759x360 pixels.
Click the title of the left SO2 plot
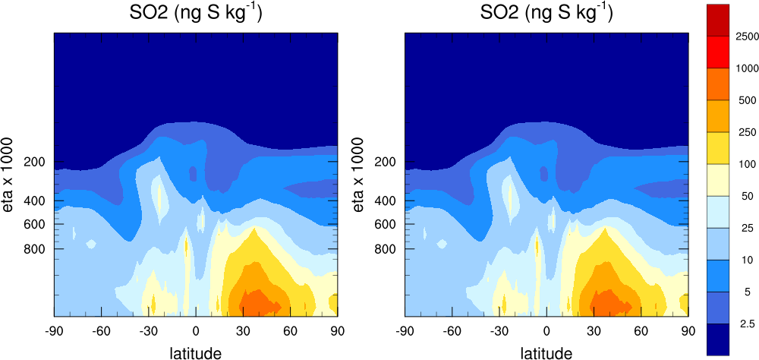coord(196,14)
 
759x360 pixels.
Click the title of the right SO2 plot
coord(547,14)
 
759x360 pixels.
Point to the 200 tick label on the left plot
coord(35,163)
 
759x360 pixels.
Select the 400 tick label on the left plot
coord(35,201)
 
